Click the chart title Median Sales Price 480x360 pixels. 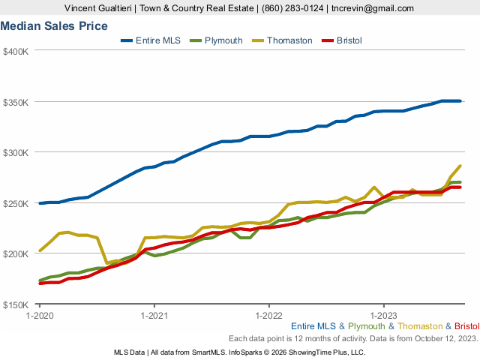[54, 26]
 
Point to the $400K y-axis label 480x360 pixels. [16, 51]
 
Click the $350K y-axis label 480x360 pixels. [16, 102]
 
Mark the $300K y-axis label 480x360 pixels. [16, 152]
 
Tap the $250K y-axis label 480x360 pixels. [16, 203]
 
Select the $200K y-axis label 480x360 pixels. [16, 253]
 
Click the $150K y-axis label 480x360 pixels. [16, 304]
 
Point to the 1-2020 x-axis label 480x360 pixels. [40, 316]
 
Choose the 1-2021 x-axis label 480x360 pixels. [154, 316]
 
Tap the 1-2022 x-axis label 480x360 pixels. [269, 316]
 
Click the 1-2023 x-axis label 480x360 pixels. [384, 316]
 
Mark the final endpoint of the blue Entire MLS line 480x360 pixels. [460, 101]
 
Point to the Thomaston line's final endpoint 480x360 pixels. [460, 166]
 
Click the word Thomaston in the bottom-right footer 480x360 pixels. [421, 326]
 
